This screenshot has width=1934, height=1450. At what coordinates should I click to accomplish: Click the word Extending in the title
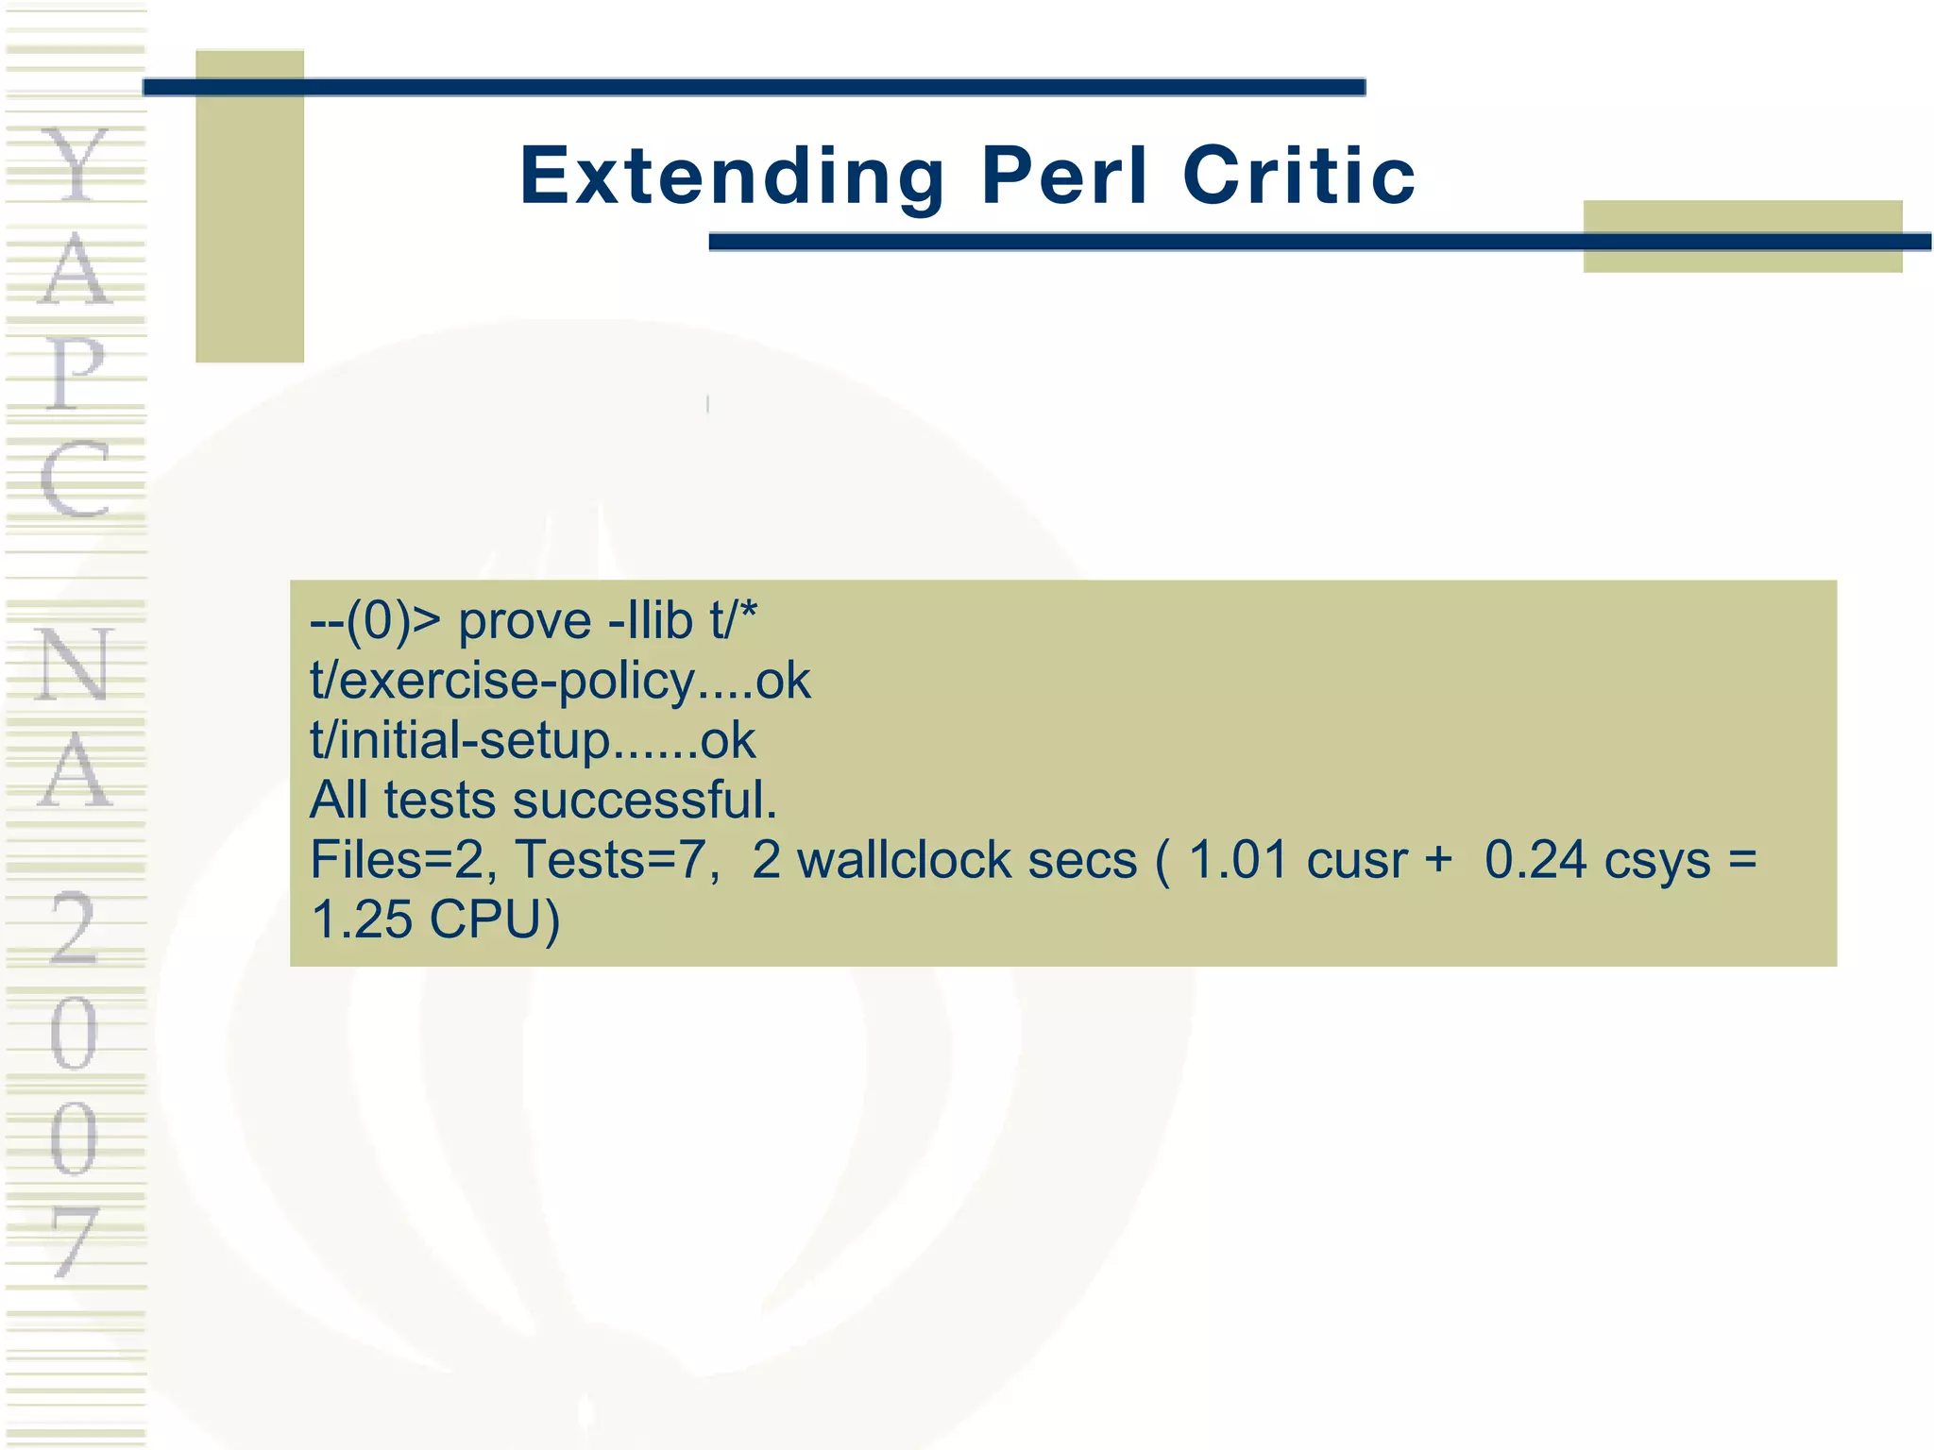(x=732, y=177)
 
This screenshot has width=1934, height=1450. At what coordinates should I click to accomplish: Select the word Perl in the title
(x=1064, y=177)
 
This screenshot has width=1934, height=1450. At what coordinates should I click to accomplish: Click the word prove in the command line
(x=525, y=622)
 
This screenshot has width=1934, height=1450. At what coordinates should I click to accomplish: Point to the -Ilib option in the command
(x=651, y=622)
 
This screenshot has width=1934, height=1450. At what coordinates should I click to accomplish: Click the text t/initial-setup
(x=461, y=741)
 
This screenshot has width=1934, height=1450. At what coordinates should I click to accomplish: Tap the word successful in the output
(x=645, y=801)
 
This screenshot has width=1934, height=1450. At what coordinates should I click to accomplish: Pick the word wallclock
(x=904, y=860)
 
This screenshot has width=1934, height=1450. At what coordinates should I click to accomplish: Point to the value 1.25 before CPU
(x=362, y=919)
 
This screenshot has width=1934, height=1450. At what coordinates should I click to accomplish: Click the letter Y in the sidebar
(x=76, y=166)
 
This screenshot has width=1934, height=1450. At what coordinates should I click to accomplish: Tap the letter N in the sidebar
(x=75, y=665)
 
